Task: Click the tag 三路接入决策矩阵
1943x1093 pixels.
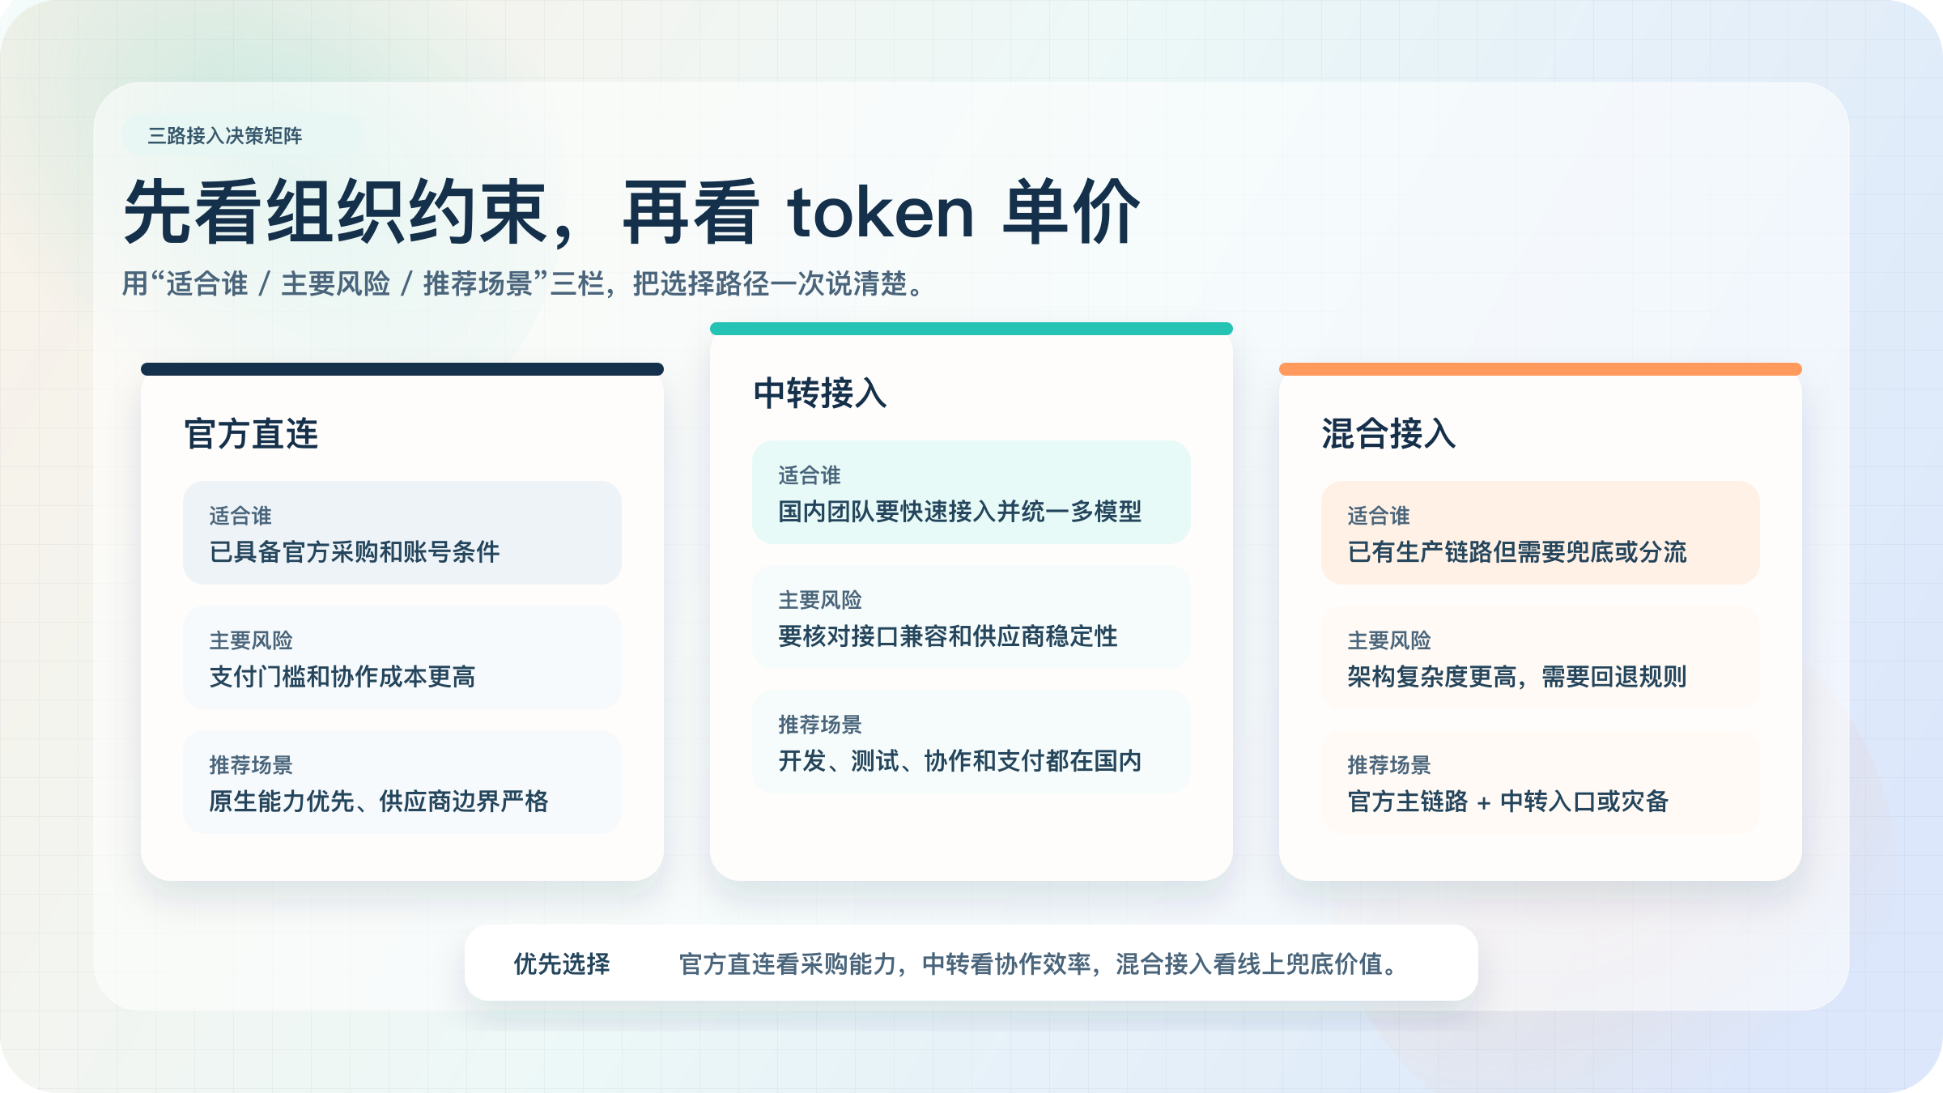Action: pyautogui.click(x=225, y=136)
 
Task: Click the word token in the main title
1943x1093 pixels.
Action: pyautogui.click(x=881, y=212)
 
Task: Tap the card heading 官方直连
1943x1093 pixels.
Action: pyautogui.click(x=251, y=434)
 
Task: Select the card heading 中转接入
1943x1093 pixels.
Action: pyautogui.click(x=820, y=393)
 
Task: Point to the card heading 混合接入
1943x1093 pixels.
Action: pyautogui.click(x=1389, y=434)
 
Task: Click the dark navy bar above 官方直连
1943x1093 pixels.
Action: pyautogui.click(x=402, y=369)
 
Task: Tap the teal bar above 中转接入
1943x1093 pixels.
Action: pyautogui.click(x=971, y=329)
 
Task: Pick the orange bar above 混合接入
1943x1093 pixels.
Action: pyautogui.click(x=1541, y=369)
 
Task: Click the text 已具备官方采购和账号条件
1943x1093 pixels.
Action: pyautogui.click(x=355, y=552)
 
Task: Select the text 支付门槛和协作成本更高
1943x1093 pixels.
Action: pyautogui.click(x=342, y=677)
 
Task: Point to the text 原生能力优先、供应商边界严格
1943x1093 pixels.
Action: pyautogui.click(x=379, y=802)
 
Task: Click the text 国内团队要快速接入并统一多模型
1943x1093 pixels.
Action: pyautogui.click(x=960, y=512)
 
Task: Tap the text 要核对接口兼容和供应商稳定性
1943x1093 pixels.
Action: pyautogui.click(x=948, y=636)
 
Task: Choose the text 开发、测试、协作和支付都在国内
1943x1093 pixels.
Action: pyautogui.click(x=960, y=761)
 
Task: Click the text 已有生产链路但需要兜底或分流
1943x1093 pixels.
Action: pyautogui.click(x=1517, y=552)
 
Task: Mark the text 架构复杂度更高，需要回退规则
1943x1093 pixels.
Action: pyautogui.click(x=1517, y=677)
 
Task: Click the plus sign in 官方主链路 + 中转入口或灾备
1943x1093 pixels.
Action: pyautogui.click(x=1484, y=803)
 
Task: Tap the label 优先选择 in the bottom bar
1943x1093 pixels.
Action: pyautogui.click(x=562, y=964)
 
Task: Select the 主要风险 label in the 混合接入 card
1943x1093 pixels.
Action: pyautogui.click(x=1389, y=640)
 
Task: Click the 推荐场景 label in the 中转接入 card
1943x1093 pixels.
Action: pyautogui.click(x=820, y=725)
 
